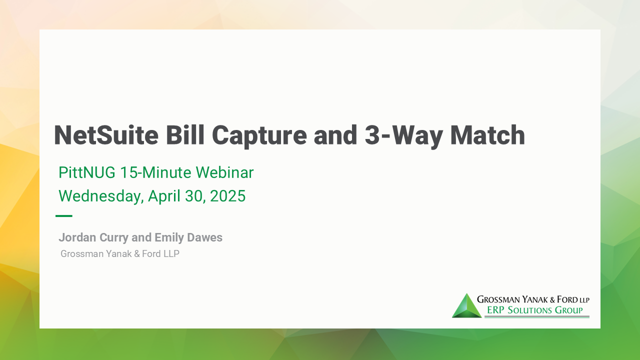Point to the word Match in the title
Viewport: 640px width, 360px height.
pos(487,135)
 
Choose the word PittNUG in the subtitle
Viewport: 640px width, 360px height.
pos(87,172)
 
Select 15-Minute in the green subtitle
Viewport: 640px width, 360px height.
pos(155,172)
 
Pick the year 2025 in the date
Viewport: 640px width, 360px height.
pos(227,196)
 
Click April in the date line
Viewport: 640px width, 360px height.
pos(164,196)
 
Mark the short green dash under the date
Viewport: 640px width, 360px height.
pos(64,216)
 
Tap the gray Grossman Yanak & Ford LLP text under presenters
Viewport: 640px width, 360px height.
pos(120,254)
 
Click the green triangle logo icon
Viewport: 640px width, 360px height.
pos(466,306)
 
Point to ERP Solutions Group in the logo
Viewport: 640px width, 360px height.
pos(534,310)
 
